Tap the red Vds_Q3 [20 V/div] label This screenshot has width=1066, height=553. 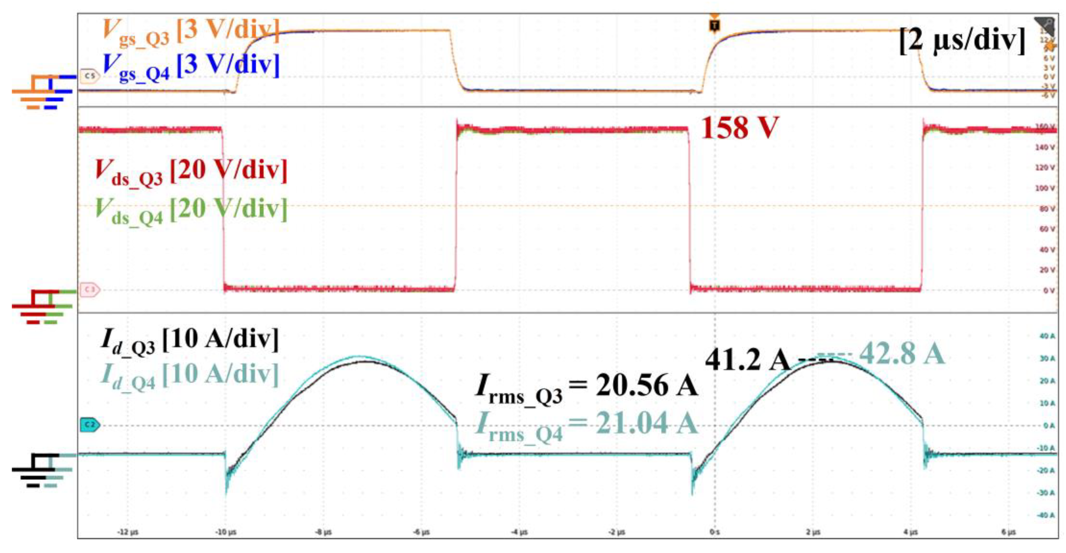tap(190, 172)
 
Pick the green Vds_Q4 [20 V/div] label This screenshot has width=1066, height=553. tap(190, 210)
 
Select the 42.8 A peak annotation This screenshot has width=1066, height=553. tap(902, 354)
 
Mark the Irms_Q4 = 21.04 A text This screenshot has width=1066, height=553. tap(586, 425)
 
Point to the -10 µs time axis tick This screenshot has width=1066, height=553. tap(226, 532)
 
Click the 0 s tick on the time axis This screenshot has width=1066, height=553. tap(715, 532)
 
